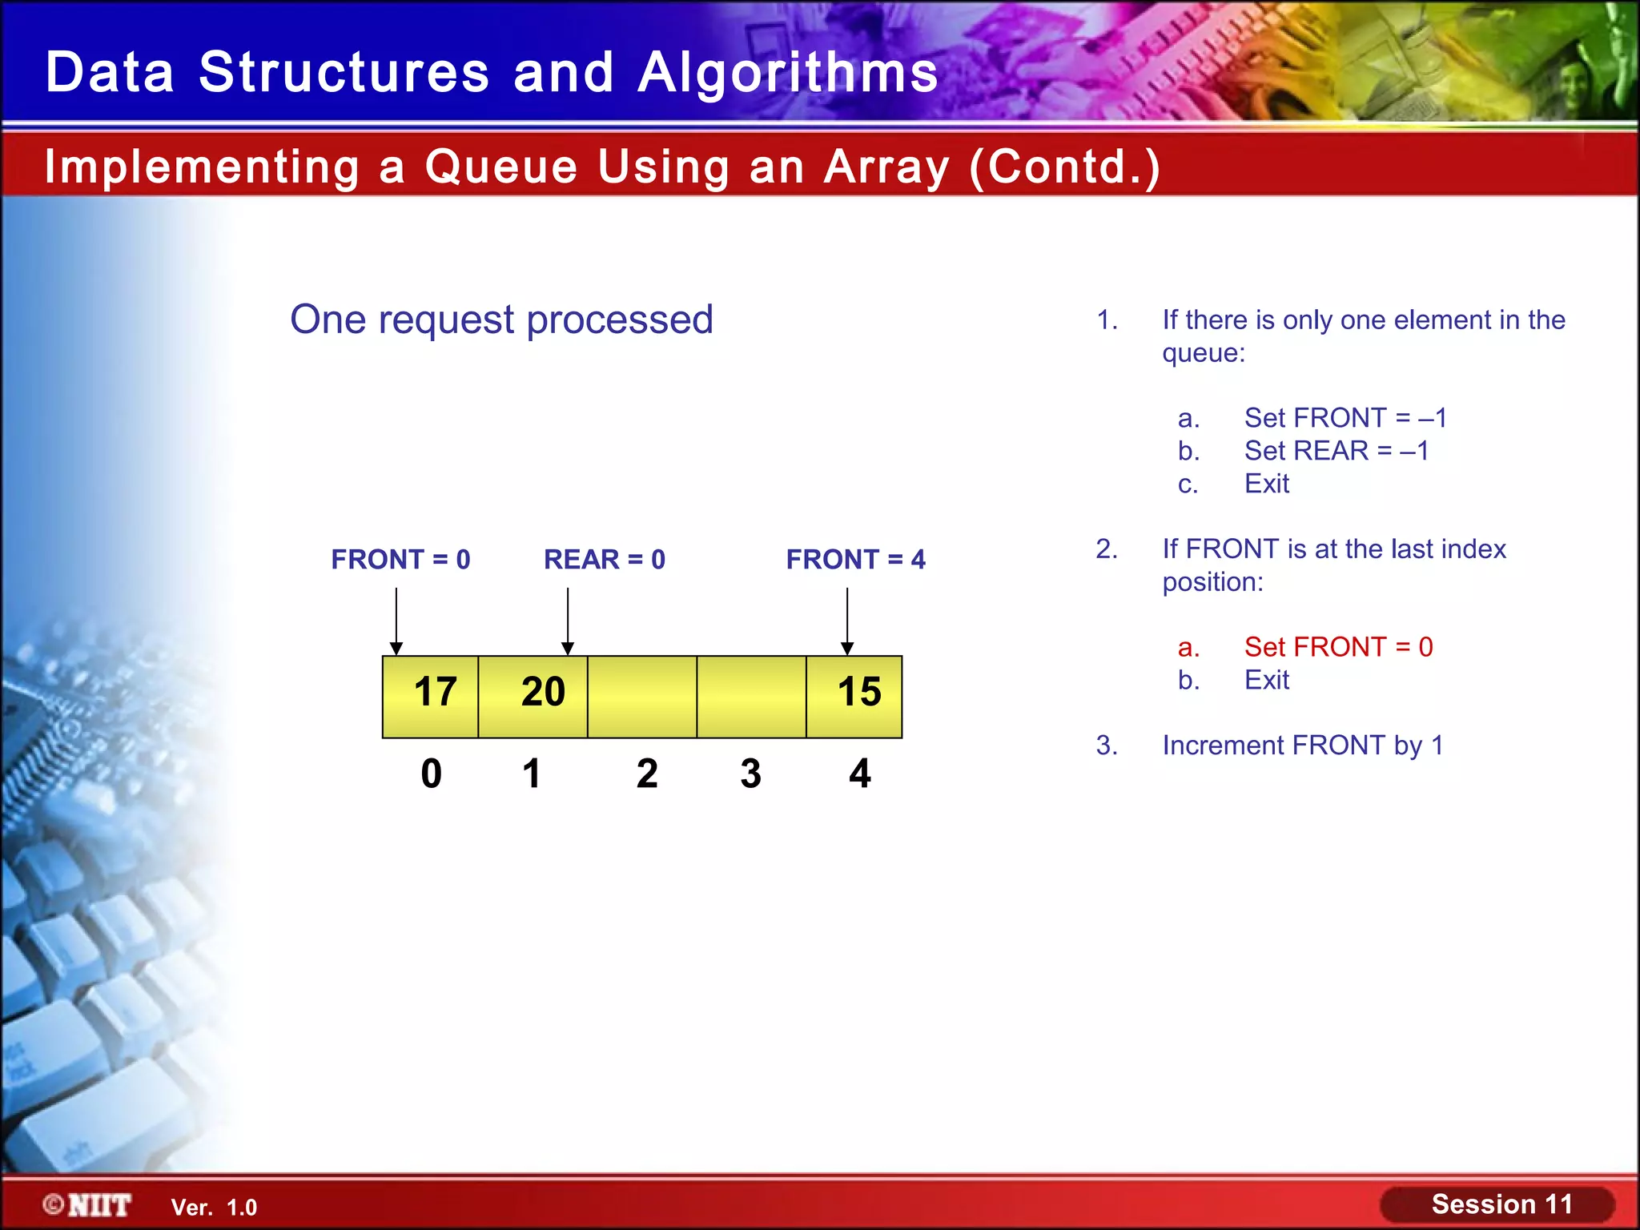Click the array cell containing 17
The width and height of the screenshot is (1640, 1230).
(431, 695)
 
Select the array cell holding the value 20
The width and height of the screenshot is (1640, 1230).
(533, 695)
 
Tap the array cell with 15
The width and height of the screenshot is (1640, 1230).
(854, 695)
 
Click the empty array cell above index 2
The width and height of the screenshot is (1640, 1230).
(642, 695)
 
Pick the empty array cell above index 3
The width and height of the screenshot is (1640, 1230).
(751, 695)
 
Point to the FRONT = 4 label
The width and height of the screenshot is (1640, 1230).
(855, 559)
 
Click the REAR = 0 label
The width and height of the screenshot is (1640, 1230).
(605, 559)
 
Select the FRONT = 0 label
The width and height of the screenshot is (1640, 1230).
(400, 559)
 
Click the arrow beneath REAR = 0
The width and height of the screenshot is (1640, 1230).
(568, 621)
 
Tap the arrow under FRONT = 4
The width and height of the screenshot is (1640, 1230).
(847, 621)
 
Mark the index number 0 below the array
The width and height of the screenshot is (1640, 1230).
(431, 774)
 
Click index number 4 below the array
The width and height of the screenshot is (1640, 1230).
(859, 774)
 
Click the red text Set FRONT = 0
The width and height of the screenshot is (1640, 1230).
(1338, 647)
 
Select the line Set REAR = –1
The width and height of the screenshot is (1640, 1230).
(1336, 451)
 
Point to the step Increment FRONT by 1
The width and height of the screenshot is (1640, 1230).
(1302, 746)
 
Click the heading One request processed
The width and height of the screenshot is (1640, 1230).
(501, 320)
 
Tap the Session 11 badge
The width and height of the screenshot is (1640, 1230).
(1500, 1204)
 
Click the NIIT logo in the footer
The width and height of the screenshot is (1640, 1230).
(88, 1205)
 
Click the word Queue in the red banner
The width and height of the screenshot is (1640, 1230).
(501, 167)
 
